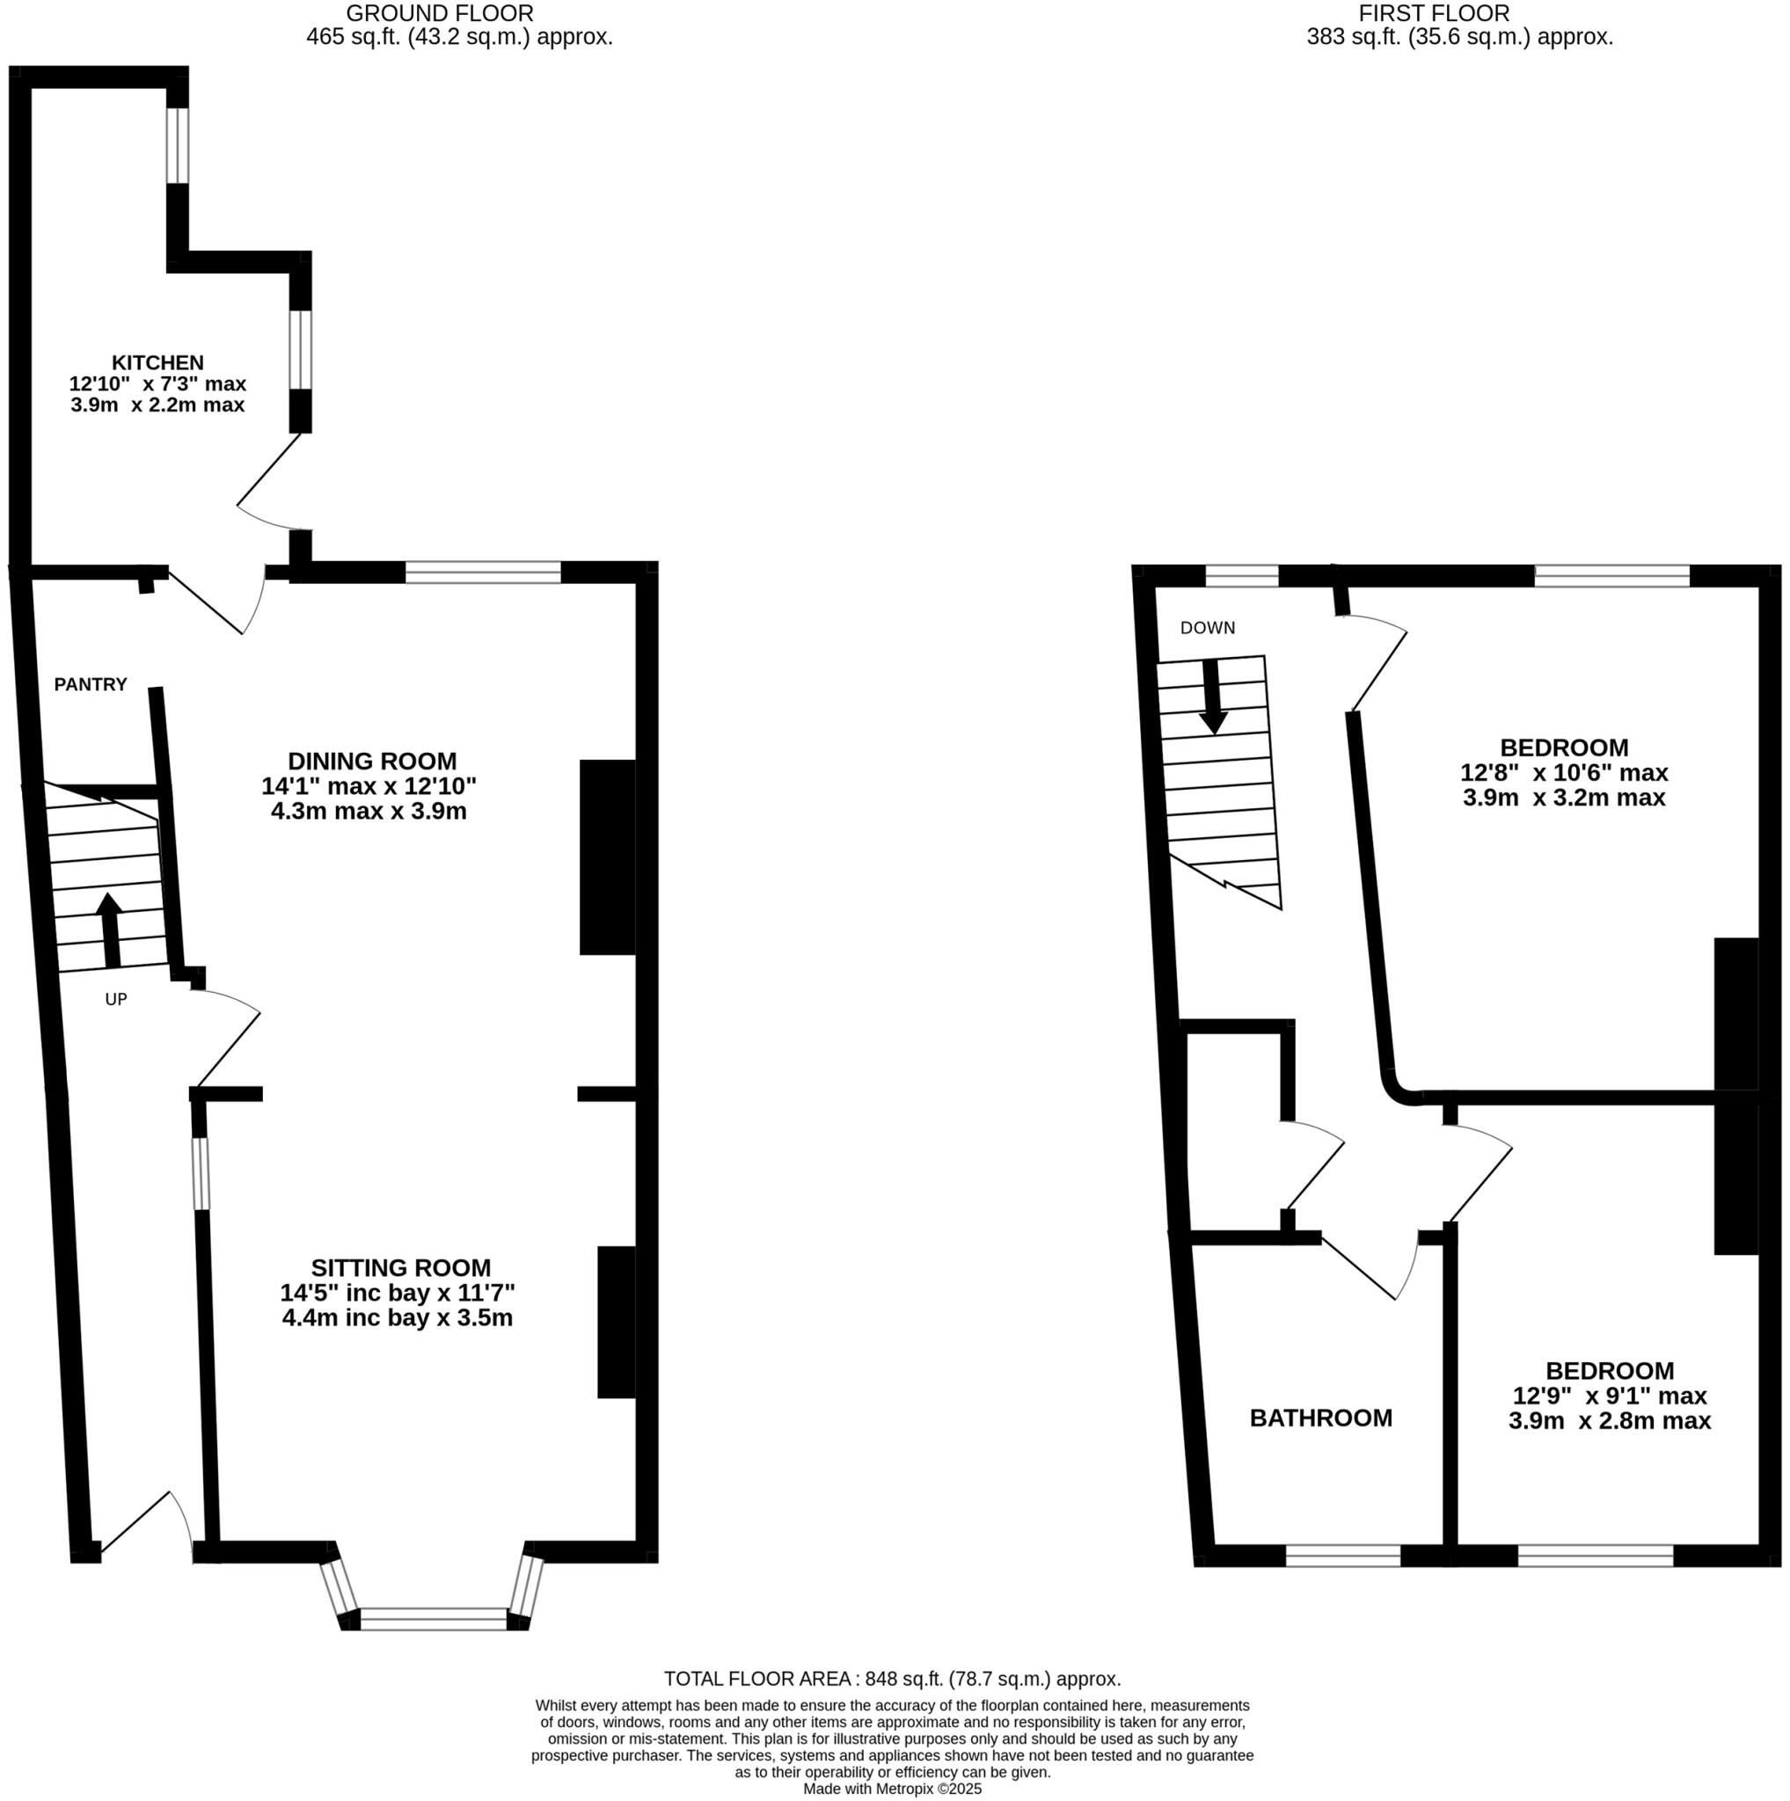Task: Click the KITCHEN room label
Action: coord(157,362)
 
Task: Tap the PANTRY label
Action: coord(91,684)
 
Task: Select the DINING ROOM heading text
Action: coord(372,761)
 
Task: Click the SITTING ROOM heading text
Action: coord(400,1268)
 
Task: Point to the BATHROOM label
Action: coord(1320,1418)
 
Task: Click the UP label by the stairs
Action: coord(115,999)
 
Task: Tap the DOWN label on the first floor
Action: coord(1208,627)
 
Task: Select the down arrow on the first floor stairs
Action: coord(1212,696)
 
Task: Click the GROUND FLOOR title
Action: coord(440,13)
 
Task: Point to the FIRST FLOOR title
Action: coord(1434,13)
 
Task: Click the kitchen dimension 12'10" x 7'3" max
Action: coord(157,383)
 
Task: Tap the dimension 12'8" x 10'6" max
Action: coord(1563,772)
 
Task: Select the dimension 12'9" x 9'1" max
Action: coord(1609,1396)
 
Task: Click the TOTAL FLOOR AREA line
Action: coord(892,1679)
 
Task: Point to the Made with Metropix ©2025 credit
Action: coord(892,1789)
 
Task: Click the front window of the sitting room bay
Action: coord(434,1618)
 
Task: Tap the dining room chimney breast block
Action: coord(608,857)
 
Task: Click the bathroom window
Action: coord(1342,1556)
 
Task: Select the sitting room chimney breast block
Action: coord(617,1322)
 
